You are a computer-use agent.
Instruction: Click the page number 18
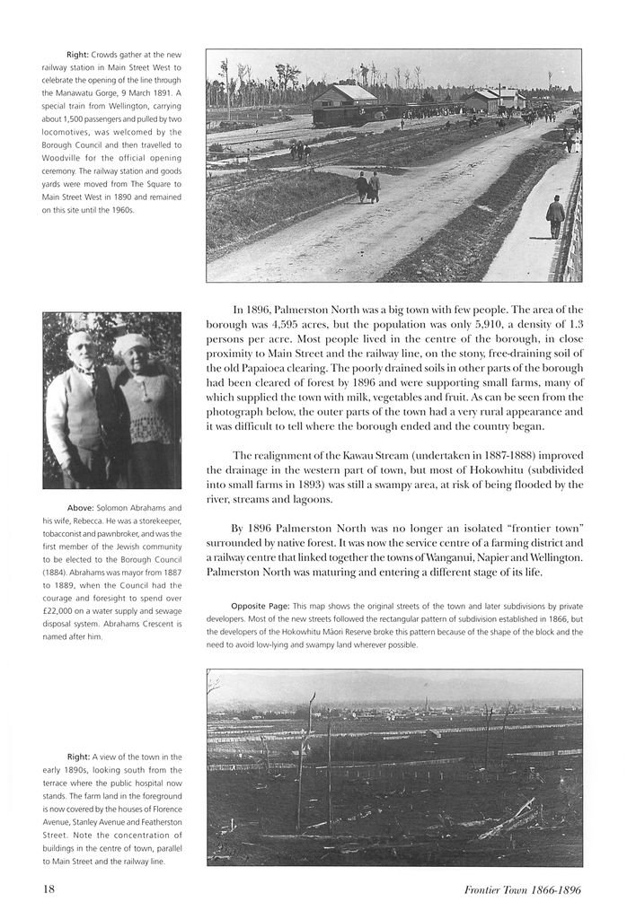pos(49,889)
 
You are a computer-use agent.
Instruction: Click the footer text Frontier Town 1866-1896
pos(523,890)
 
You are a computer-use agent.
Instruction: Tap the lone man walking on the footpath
pos(555,216)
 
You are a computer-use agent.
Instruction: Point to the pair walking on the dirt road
pos(367,187)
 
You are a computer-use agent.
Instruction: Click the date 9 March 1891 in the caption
pos(146,92)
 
